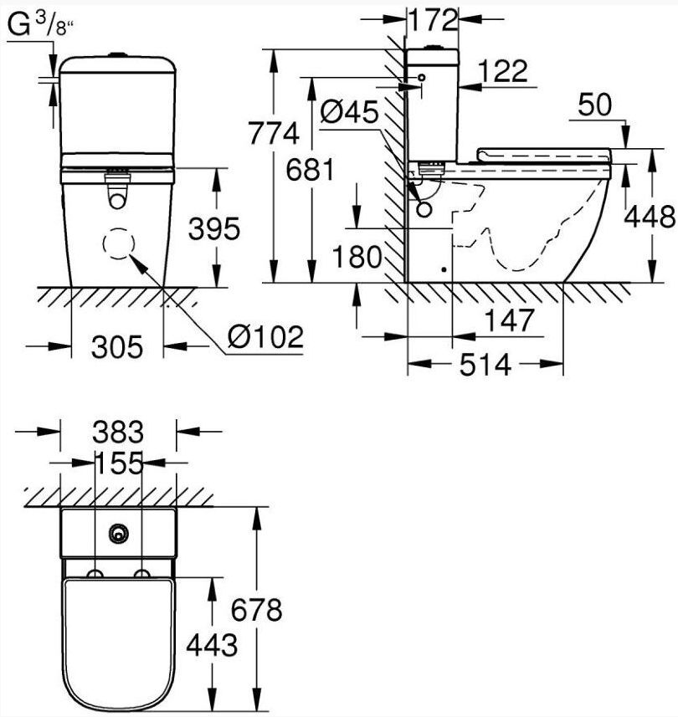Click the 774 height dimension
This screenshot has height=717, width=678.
tap(274, 134)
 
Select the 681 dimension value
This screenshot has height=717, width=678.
tap(311, 170)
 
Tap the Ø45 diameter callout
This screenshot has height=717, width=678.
tap(349, 112)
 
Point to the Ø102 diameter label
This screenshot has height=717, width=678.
tap(266, 337)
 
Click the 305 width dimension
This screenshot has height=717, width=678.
tap(117, 346)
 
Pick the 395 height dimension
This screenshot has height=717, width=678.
tap(214, 228)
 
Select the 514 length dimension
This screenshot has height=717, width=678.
tap(485, 365)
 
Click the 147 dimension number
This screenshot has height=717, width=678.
tap(509, 320)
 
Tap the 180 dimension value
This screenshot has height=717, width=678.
tap(357, 257)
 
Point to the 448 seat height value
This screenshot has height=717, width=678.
tap(650, 217)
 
